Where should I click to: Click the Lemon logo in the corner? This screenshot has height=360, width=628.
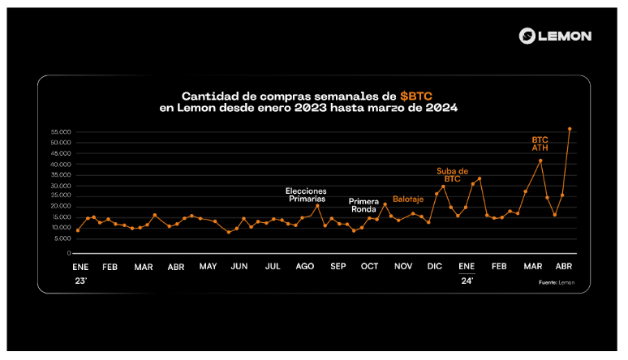pos(556,36)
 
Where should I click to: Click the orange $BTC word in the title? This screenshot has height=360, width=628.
pos(416,95)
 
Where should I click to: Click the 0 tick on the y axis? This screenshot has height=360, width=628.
pos(71,253)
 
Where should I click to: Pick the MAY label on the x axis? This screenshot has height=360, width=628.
pos(208,266)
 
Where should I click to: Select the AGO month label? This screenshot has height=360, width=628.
pos(305,266)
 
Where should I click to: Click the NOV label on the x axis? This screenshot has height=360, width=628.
pos(403,266)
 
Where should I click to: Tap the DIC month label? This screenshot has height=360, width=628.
pos(435,266)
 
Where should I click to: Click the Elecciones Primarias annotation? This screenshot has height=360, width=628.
pos(307,195)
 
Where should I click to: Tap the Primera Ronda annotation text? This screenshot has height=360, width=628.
pos(363,204)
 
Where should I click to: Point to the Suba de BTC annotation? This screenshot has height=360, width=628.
pos(453,174)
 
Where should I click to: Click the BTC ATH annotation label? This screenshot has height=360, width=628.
pos(540,144)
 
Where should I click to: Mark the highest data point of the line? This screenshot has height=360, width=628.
pos(570,129)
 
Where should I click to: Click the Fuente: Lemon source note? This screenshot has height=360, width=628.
pos(557,282)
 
